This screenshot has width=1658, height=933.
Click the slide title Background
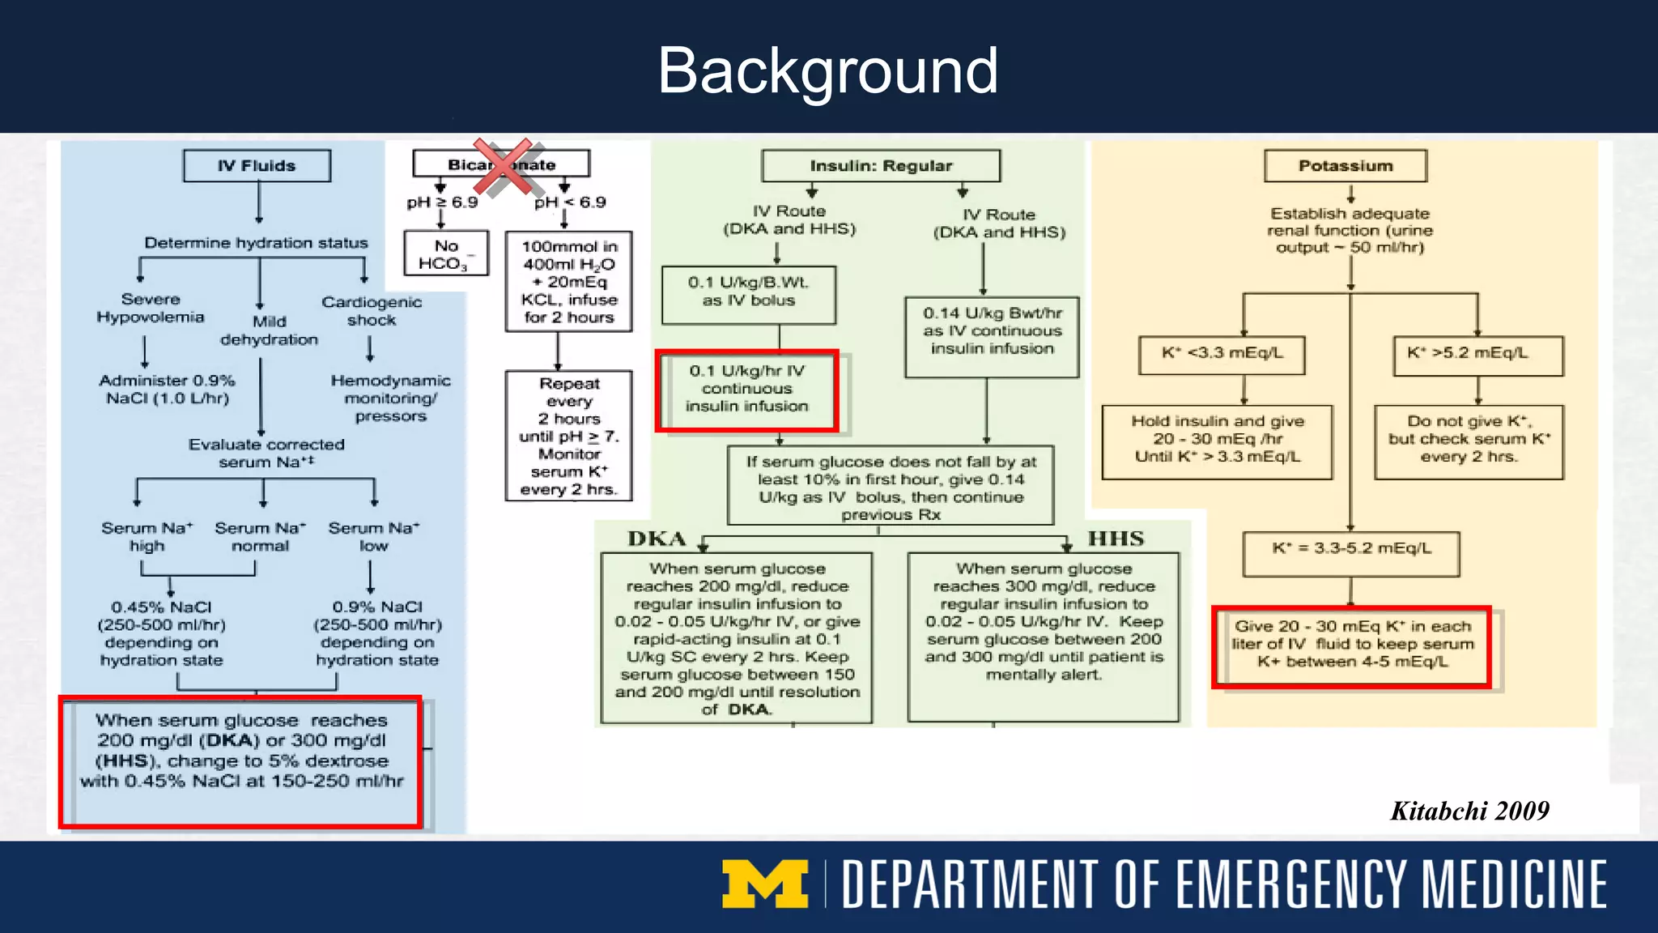(x=827, y=71)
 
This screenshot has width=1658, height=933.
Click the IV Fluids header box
(x=257, y=166)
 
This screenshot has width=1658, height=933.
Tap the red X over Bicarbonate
(x=503, y=167)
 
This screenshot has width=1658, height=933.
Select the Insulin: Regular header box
(x=881, y=166)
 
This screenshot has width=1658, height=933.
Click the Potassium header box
(x=1345, y=166)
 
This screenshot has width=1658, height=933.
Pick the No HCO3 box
(x=447, y=254)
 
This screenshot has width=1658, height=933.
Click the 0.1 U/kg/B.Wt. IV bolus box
(x=748, y=292)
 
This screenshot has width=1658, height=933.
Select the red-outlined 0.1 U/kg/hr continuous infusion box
(x=746, y=390)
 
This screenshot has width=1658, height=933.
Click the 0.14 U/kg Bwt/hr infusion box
(x=992, y=331)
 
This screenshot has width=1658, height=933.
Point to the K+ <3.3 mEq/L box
(x=1222, y=354)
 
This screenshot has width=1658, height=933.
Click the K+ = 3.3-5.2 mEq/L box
(x=1350, y=550)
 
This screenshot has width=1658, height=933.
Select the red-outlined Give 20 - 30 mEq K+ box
(x=1352, y=645)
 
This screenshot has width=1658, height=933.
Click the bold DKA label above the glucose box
(x=657, y=539)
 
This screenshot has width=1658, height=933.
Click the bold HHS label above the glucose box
(x=1116, y=539)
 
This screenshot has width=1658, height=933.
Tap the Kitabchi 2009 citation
(x=1469, y=811)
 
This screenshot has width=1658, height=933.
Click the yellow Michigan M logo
(x=765, y=884)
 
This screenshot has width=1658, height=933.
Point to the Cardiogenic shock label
(x=372, y=311)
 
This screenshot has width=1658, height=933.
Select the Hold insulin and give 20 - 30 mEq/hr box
(x=1217, y=439)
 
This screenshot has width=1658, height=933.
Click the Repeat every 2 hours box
(x=568, y=437)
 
